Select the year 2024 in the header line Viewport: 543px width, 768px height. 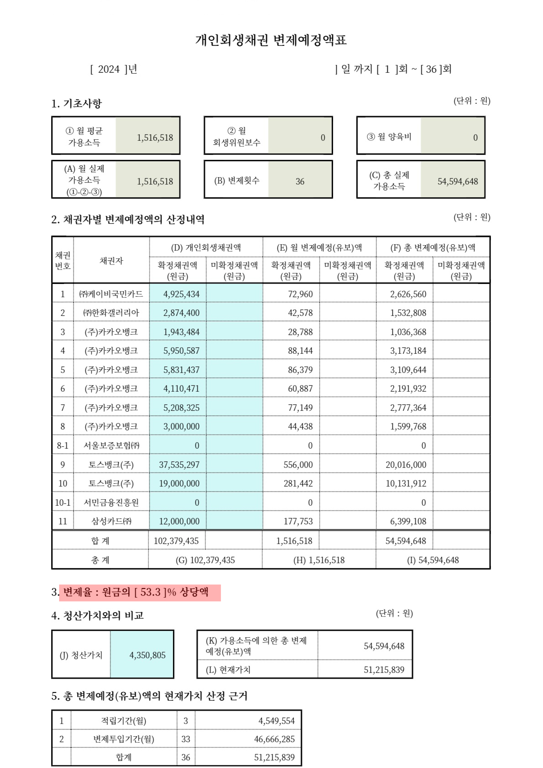tap(109, 69)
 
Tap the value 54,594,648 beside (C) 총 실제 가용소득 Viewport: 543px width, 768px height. tap(457, 181)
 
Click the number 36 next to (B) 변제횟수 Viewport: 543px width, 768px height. tap(300, 181)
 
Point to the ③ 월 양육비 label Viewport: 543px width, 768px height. tap(389, 137)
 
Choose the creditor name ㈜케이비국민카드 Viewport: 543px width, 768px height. tap(111, 294)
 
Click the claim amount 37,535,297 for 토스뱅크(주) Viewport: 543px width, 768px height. tap(179, 465)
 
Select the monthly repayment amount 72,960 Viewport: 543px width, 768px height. tap(300, 294)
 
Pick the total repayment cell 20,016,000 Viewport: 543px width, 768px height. tap(406, 465)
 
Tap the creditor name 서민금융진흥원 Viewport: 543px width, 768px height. tap(111, 502)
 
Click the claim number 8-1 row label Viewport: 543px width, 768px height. tap(63, 446)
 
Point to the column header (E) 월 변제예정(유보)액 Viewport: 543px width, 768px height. tap(319, 248)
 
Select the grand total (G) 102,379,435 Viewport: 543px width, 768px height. tap(205, 560)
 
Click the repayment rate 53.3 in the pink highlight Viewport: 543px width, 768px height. tap(151, 592)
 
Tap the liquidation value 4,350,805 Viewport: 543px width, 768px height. tap(147, 655)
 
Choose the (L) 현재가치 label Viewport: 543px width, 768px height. tap(228, 670)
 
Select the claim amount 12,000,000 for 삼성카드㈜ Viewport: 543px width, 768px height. tap(179, 521)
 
